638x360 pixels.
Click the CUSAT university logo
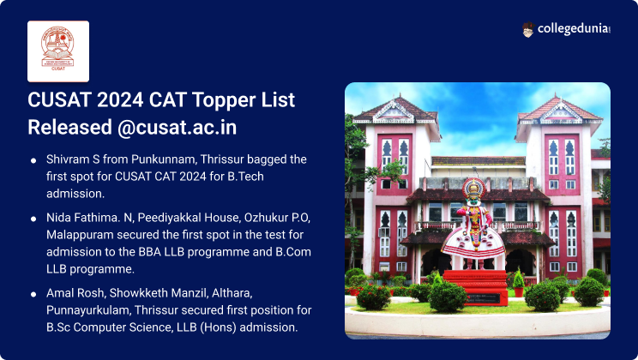tap(58, 51)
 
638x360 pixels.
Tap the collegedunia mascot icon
tap(529, 30)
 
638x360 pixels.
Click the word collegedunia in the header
tap(572, 30)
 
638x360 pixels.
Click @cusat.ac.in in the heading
tap(180, 127)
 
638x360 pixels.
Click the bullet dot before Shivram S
tap(33, 160)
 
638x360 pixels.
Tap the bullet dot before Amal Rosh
tap(33, 294)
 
